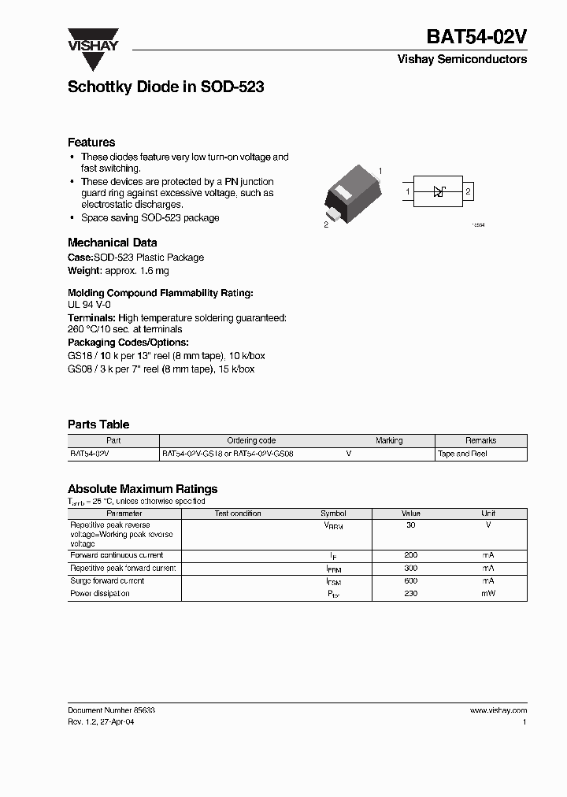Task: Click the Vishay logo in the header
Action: pyautogui.click(x=92, y=39)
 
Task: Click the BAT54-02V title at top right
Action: pyautogui.click(x=476, y=37)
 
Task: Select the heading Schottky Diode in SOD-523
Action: pyautogui.click(x=165, y=87)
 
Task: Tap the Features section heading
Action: pyautogui.click(x=91, y=143)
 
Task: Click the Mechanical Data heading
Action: pyautogui.click(x=112, y=243)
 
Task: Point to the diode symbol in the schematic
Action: pyautogui.click(x=440, y=191)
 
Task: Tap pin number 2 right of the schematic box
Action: pyautogui.click(x=468, y=191)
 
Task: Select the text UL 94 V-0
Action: pyautogui.click(x=89, y=303)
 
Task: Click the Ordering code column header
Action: pyautogui.click(x=251, y=440)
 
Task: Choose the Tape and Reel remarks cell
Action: pyautogui.click(x=462, y=454)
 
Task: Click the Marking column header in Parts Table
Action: pyautogui.click(x=389, y=440)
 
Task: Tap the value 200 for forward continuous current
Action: pyautogui.click(x=410, y=555)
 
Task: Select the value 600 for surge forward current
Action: pyautogui.click(x=410, y=580)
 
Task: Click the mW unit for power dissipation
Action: pyautogui.click(x=488, y=593)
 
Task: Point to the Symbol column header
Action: pyautogui.click(x=333, y=513)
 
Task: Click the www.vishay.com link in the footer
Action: pyautogui.click(x=498, y=710)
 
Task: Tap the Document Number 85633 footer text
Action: pyautogui.click(x=111, y=710)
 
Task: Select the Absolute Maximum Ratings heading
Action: pyautogui.click(x=143, y=489)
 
